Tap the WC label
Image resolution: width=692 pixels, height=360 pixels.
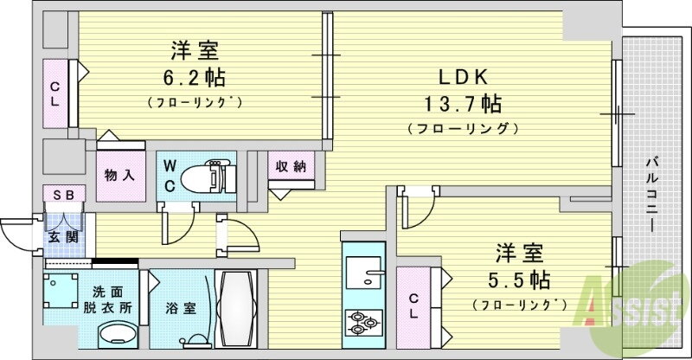(169, 177)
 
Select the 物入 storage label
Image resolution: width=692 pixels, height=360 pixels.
(120, 175)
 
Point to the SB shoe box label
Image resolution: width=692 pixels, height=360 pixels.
(62, 196)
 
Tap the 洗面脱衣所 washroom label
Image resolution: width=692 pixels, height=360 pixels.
(112, 299)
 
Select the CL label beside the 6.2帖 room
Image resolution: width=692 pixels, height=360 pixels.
(54, 93)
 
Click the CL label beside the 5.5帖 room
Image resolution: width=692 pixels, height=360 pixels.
(414, 305)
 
